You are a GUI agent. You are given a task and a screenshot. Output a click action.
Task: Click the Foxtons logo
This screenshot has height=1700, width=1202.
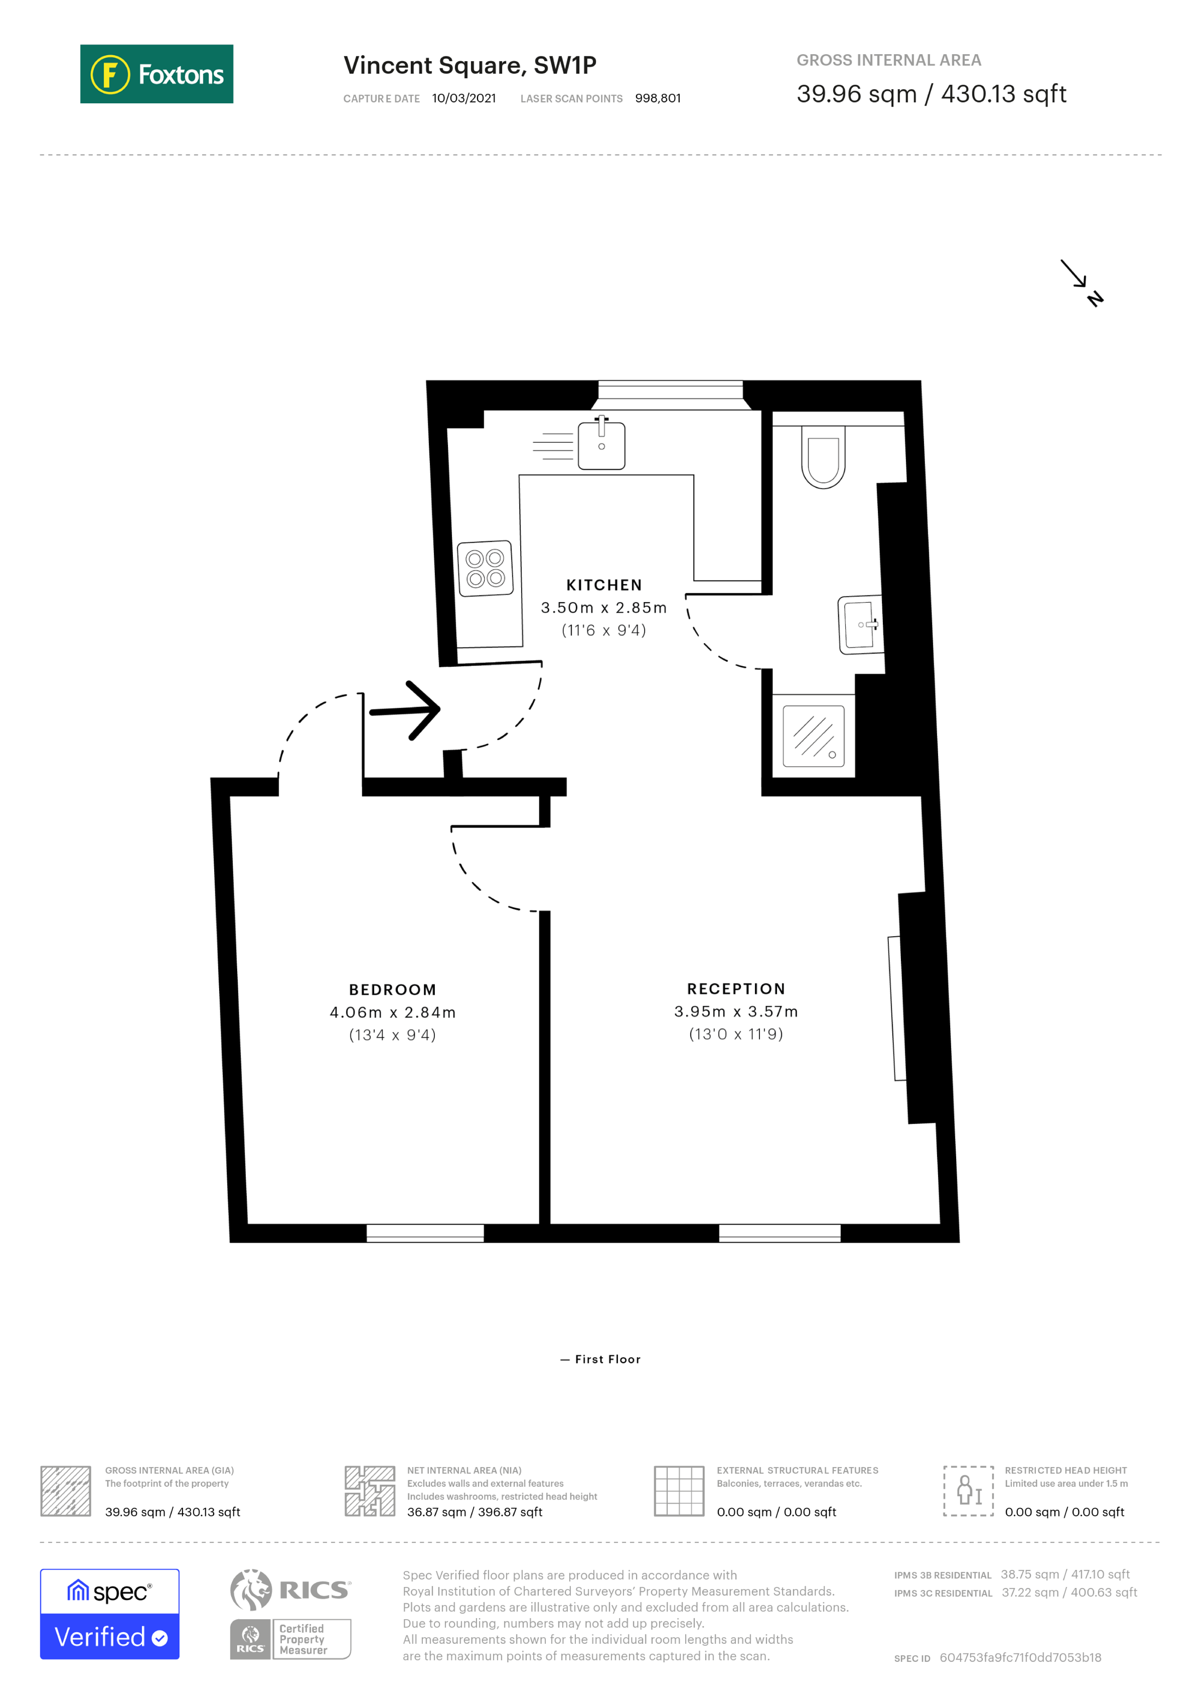pos(156,74)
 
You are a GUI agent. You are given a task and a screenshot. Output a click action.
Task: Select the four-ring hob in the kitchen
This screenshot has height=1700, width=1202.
pos(485,569)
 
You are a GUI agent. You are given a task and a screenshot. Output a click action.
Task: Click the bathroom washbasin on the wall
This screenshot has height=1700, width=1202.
pos(860,626)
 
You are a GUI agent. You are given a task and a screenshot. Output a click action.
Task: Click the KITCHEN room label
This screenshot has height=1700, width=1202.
pos(604,585)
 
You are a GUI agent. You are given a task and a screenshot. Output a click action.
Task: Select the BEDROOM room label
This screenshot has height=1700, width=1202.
pos(392,990)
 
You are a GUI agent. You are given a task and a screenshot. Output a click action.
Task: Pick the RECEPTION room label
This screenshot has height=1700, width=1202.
pos(736,989)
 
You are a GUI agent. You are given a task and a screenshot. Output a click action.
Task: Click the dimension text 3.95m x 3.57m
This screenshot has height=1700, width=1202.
pos(736,1011)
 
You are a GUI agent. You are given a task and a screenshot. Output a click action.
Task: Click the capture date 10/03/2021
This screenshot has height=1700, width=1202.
pos(464,98)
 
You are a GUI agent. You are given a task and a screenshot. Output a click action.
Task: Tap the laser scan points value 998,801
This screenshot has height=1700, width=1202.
pos(657,98)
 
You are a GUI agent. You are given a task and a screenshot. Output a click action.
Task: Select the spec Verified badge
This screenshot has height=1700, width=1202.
pos(109,1614)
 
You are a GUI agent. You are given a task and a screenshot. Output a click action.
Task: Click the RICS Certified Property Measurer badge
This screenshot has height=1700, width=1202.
pos(290,1614)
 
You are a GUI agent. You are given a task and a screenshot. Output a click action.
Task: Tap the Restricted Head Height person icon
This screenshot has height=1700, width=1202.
pos(968,1491)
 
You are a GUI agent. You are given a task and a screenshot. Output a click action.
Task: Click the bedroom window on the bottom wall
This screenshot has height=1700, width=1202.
pos(425,1233)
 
